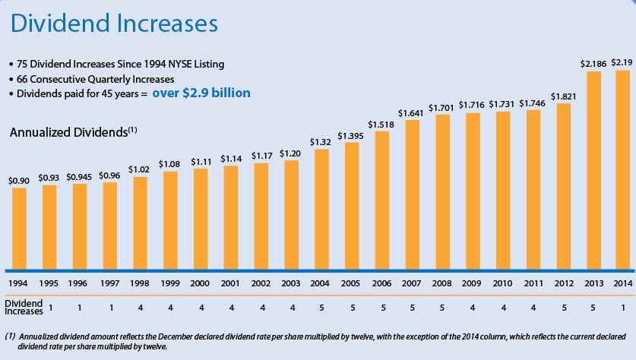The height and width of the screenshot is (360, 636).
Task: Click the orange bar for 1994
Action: pyautogui.click(x=19, y=228)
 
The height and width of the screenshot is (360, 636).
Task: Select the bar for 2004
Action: pyautogui.click(x=321, y=209)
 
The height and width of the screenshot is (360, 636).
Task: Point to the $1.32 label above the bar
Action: pyautogui.click(x=321, y=141)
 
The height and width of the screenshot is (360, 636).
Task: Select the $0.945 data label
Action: pyautogui.click(x=79, y=176)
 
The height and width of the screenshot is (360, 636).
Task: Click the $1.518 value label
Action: pyautogui.click(x=381, y=123)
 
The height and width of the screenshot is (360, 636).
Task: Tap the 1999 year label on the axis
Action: pyautogui.click(x=169, y=283)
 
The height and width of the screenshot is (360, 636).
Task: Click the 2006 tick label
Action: pyautogui.click(x=381, y=283)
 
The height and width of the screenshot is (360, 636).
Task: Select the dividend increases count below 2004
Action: pyautogui.click(x=321, y=308)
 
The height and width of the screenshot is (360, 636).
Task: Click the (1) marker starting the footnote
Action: pyautogui.click(x=11, y=335)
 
